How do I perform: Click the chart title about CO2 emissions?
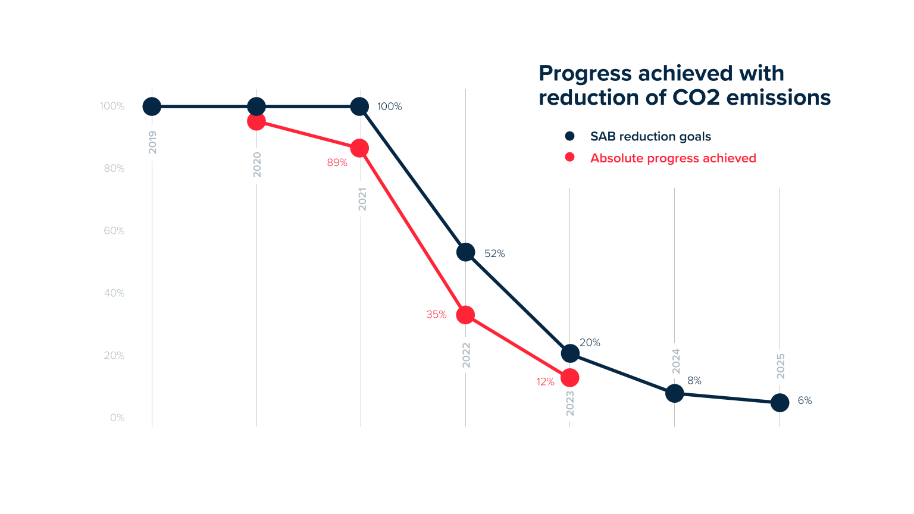[684, 85]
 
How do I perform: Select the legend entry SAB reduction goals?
[650, 136]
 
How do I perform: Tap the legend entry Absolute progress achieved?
[672, 158]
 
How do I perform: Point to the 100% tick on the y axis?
[112, 106]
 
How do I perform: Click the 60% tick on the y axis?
[114, 231]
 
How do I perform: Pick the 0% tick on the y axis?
[117, 418]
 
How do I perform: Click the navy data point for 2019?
[152, 106]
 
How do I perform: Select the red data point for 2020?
[256, 121]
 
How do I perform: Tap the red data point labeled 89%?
[359, 148]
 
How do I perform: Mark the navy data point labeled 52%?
[465, 252]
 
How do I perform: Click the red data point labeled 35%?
[465, 315]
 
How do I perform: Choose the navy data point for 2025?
[780, 403]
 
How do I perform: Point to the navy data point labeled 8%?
[674, 393]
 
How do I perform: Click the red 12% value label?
[545, 382]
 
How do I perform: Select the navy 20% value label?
[590, 343]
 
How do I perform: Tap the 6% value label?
[805, 401]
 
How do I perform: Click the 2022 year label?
[467, 355]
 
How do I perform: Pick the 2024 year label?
[676, 361]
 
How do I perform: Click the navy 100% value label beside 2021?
[389, 106]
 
